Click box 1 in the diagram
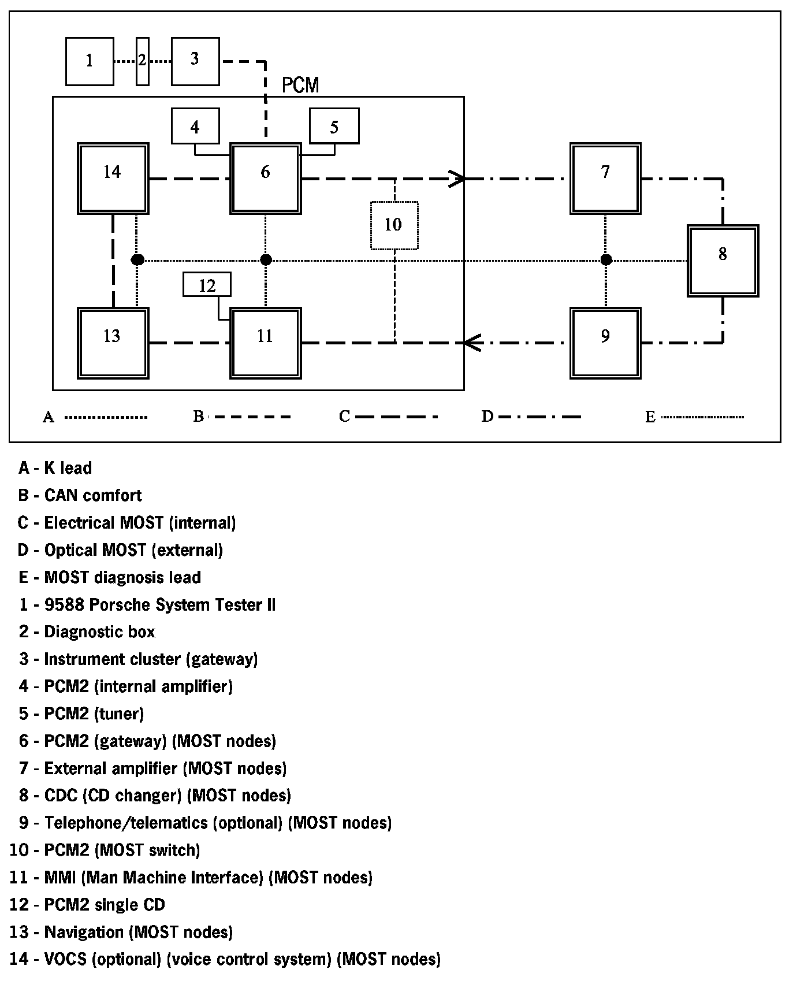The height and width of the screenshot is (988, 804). [90, 61]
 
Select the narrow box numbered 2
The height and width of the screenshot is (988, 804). [143, 61]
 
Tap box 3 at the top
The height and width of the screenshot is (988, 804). [195, 61]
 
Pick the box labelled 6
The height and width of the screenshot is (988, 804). [266, 179]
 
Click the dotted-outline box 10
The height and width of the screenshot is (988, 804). [394, 225]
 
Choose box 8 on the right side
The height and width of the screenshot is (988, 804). [723, 261]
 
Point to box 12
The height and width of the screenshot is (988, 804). [207, 284]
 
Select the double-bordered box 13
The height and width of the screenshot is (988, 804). [113, 343]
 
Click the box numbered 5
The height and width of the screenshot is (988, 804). [334, 126]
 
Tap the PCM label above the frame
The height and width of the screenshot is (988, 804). [300, 86]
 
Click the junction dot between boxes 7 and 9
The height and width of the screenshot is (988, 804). [606, 260]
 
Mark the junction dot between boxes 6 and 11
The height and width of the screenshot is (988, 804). [266, 260]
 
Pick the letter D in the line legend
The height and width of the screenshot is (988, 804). [487, 417]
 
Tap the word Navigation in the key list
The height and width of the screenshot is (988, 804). [84, 932]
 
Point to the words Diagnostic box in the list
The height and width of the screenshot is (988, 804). [99, 632]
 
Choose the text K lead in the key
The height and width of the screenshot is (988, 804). [68, 468]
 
